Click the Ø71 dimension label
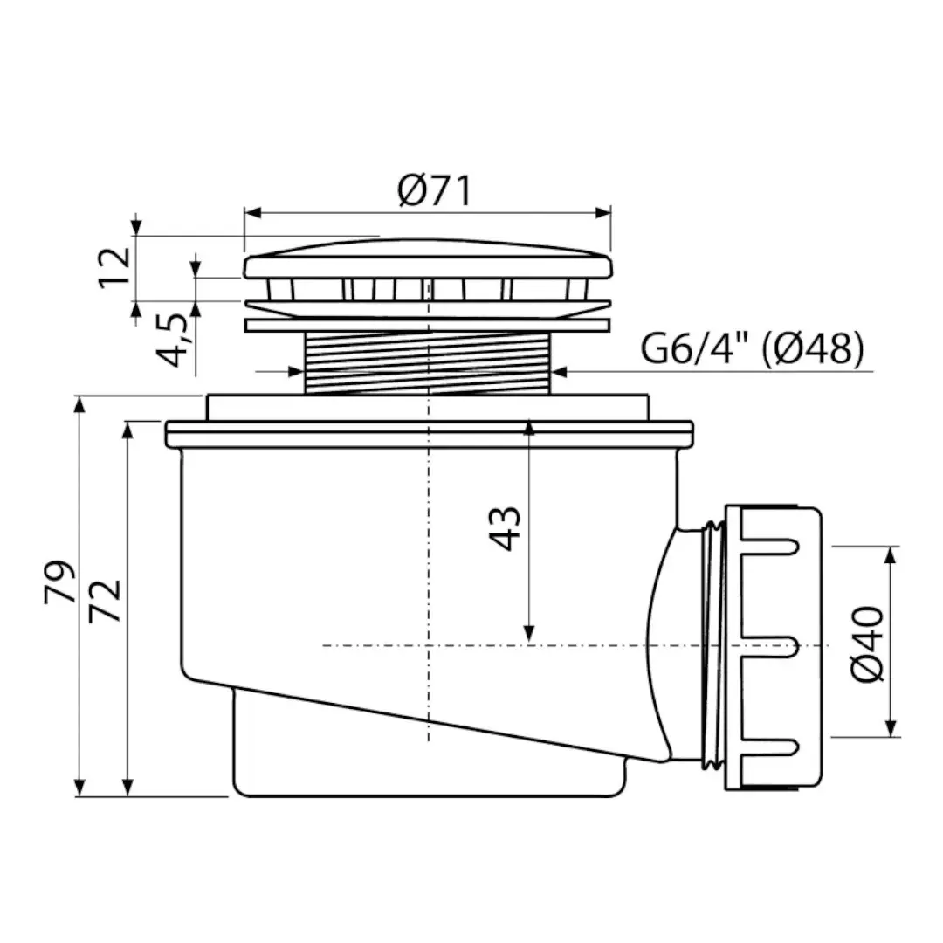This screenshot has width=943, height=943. pos(434,190)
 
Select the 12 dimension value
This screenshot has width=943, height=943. pos(114,268)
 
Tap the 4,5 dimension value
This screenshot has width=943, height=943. pos(174,340)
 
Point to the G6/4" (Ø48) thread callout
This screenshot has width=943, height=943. pos(752,348)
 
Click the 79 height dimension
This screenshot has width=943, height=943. pos(60,582)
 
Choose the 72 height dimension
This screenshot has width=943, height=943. pos(105,601)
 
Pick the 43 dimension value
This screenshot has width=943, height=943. pos(504,529)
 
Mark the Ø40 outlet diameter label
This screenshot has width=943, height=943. pos(867,644)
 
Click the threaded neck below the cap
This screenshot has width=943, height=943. pos(428,363)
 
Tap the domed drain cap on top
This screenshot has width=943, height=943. pos(428,260)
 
